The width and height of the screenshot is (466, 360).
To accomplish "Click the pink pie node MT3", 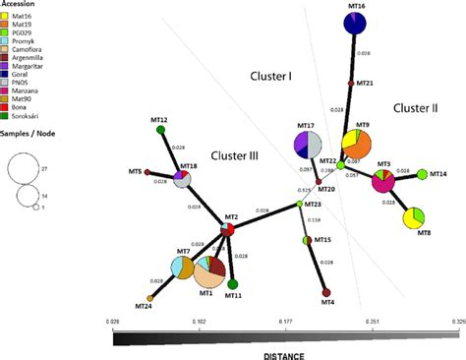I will (382, 180).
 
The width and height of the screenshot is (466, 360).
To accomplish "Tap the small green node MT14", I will (423, 174).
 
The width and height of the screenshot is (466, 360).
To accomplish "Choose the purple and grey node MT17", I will (309, 145).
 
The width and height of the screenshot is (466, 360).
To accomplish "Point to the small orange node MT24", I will (150, 297).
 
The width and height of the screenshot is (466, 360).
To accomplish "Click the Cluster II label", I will (416, 108).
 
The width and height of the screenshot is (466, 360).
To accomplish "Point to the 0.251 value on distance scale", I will (374, 321).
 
